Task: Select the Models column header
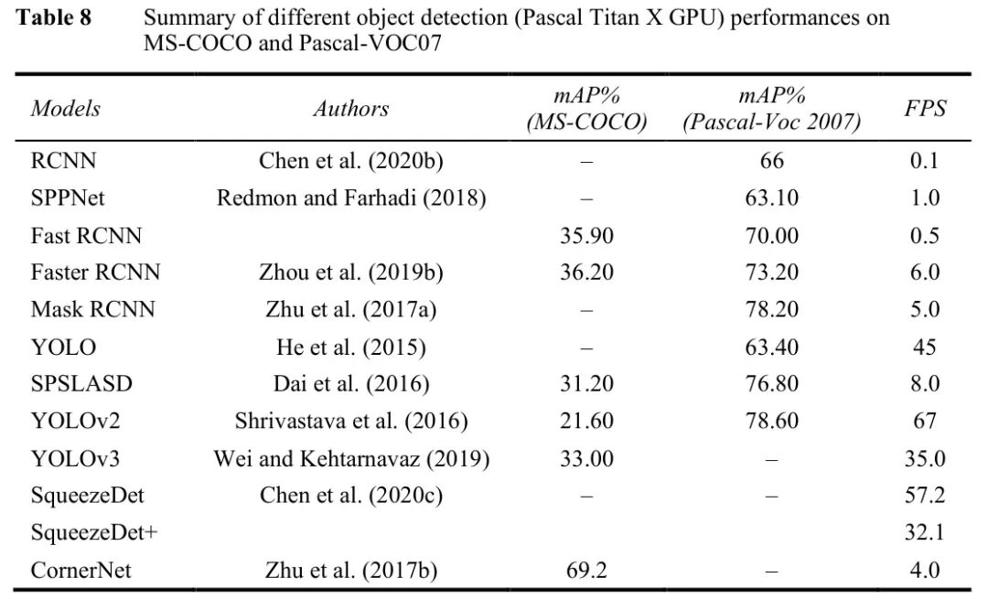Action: pos(66,109)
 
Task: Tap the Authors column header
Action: pos(351,109)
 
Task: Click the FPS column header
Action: pos(924,109)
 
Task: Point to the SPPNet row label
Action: pos(70,198)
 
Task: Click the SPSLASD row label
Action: pos(81,383)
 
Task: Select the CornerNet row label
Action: pos(81,570)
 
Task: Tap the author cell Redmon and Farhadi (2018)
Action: pos(351,198)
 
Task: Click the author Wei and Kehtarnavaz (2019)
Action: pos(351,458)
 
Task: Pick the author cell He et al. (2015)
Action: pos(351,347)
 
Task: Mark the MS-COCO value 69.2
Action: pos(586,570)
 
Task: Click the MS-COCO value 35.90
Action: pos(586,235)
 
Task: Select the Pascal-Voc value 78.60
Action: pos(772,421)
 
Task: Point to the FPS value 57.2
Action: pos(924,496)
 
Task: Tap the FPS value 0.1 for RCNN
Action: pos(924,161)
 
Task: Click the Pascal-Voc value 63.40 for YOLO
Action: pos(772,347)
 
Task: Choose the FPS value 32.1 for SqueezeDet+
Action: pos(924,532)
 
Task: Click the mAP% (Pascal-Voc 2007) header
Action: pos(772,109)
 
